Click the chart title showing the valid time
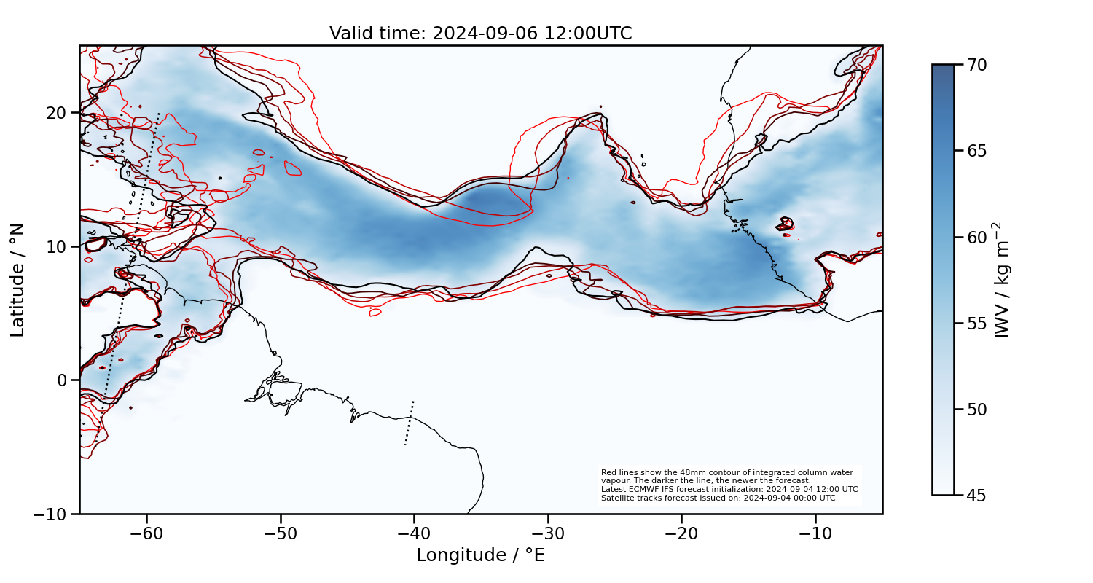(x=480, y=34)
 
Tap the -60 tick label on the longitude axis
(x=146, y=533)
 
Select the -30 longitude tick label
(x=548, y=533)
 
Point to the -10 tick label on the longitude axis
(x=815, y=533)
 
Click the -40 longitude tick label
(x=414, y=533)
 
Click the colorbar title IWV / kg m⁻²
(x=1004, y=280)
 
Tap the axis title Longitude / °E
(x=480, y=555)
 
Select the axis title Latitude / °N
(x=18, y=280)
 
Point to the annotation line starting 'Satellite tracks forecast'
(x=718, y=498)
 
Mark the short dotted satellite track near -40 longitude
(x=410, y=422)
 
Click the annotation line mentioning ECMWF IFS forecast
(x=729, y=490)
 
